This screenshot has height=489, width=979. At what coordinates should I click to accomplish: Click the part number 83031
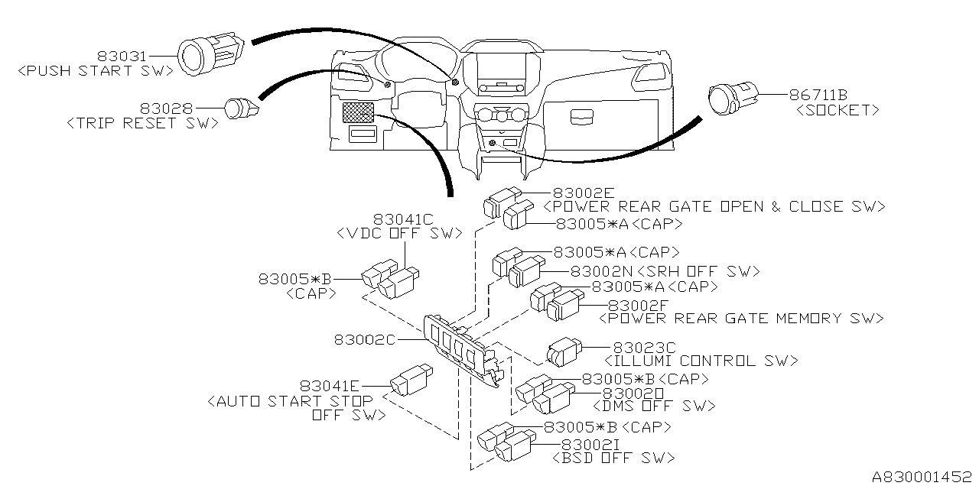pyautogui.click(x=122, y=56)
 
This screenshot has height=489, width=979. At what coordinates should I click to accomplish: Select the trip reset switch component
pyautogui.click(x=242, y=110)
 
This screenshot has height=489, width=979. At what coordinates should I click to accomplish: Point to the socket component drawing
pyautogui.click(x=730, y=98)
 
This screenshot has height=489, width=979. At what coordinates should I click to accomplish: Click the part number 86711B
pyautogui.click(x=818, y=96)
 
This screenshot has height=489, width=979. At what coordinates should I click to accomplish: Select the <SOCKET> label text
pyautogui.click(x=838, y=111)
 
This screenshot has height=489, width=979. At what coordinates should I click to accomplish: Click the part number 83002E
pyautogui.click(x=580, y=193)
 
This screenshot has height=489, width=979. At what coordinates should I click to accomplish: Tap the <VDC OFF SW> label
pyautogui.click(x=399, y=233)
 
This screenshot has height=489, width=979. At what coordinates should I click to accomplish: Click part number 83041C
pyautogui.click(x=402, y=220)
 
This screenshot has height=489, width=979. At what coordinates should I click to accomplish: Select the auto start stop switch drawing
pyautogui.click(x=410, y=381)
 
